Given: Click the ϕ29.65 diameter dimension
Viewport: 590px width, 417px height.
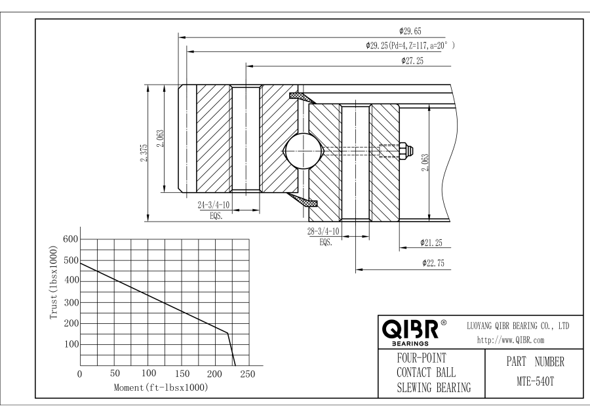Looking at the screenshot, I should pyautogui.click(x=410, y=31).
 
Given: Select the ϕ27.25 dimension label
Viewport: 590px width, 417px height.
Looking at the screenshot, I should pyautogui.click(x=412, y=61).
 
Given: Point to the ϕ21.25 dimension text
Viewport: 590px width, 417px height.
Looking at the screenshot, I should pyautogui.click(x=431, y=243).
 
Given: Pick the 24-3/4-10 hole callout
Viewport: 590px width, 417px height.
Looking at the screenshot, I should pyautogui.click(x=213, y=205).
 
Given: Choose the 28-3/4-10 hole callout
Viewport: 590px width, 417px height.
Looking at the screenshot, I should pyautogui.click(x=323, y=231).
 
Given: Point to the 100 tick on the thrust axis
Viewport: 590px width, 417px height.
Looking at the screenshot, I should pyautogui.click(x=70, y=344).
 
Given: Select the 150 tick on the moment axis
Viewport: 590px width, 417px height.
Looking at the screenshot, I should pyautogui.click(x=182, y=374).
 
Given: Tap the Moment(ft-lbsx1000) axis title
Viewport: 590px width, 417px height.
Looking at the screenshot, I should pyautogui.click(x=161, y=387).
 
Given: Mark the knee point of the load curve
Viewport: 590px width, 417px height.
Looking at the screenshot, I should pyautogui.click(x=228, y=333).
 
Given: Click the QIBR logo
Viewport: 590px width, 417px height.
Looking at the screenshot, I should pyautogui.click(x=412, y=328).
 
